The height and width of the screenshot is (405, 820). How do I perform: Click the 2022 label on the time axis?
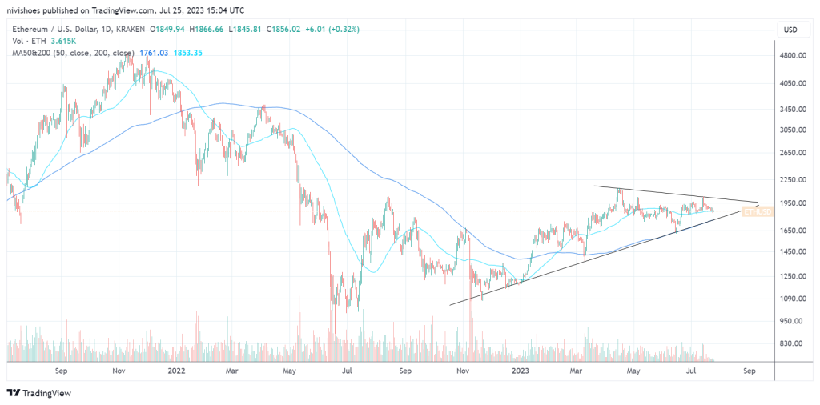pos(177,371)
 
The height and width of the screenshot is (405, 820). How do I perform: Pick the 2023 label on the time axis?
pos(520,371)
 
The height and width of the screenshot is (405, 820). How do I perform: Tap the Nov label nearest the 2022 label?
pos(119,371)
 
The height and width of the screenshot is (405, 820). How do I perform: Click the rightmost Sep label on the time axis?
pos(749,371)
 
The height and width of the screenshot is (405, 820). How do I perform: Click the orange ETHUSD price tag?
pos(757,211)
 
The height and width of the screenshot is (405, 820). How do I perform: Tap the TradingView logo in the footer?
pos(40,393)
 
